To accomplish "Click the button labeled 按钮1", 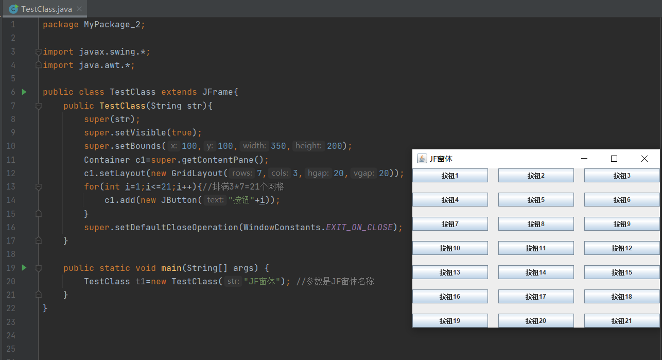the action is tap(450, 176).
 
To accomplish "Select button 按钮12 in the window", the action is tap(622, 248).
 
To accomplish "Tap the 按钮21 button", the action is tap(622, 321).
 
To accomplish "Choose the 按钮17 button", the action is tap(536, 297).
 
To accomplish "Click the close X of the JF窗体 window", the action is tap(644, 159).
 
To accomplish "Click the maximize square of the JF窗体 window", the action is tap(614, 159).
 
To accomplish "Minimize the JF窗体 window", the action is tap(584, 159).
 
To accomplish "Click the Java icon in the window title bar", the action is tap(422, 159).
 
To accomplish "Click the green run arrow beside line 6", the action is tap(24, 92).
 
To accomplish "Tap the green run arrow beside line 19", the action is tap(24, 268).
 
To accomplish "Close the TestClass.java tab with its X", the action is tap(79, 9).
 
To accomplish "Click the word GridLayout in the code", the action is tap(197, 173).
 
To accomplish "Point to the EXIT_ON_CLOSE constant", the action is tap(359, 227).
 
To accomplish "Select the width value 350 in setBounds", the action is tap(278, 146).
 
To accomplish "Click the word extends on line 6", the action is tap(179, 92).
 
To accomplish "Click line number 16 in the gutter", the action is tap(11, 227).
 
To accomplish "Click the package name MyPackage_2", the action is tap(112, 25).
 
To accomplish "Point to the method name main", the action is tap(171, 268).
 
